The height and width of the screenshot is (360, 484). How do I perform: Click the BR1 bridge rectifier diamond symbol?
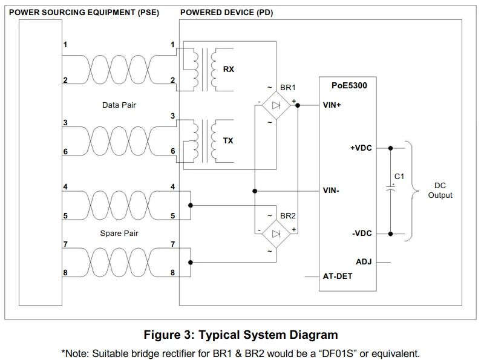pos(276,105)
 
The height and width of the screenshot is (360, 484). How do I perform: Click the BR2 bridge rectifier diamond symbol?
pos(276,234)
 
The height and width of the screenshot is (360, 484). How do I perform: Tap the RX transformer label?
pos(228,69)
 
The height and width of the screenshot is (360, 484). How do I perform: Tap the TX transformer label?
pos(228,141)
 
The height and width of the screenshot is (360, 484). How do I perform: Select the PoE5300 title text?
pos(350,86)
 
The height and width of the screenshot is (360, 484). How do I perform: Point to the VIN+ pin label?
pos(332,105)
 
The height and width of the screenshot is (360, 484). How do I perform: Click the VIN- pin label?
pos(331,191)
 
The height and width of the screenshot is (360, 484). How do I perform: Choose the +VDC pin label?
pos(361,147)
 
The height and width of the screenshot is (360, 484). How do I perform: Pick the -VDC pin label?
pos(362,234)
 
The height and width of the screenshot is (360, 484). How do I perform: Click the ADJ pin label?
pos(364,262)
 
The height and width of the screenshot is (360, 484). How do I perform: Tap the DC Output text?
pos(440,191)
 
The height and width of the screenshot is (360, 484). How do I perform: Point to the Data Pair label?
pos(119,105)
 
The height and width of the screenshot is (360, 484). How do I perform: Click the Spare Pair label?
pos(119,234)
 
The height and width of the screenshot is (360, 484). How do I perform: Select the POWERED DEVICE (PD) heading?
pos(226,12)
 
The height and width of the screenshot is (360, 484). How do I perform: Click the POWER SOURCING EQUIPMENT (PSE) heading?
pos(82,12)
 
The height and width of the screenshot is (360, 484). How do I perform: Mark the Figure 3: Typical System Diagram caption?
pos(240,335)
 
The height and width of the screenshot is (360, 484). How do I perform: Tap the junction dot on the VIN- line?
pos(255,191)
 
